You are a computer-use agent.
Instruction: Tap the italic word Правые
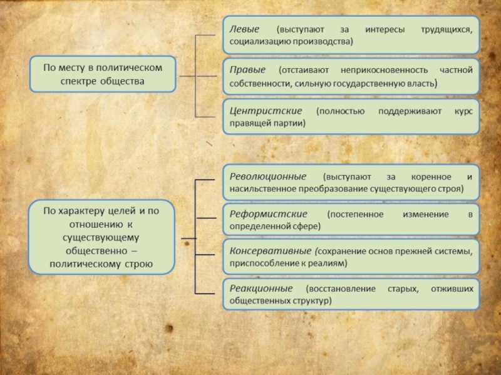247,70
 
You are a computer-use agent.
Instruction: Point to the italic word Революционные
268,176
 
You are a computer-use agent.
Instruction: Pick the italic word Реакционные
261,289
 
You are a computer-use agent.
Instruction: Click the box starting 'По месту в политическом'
102,74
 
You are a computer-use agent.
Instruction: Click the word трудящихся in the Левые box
445,29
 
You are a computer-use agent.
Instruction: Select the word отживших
451,289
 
